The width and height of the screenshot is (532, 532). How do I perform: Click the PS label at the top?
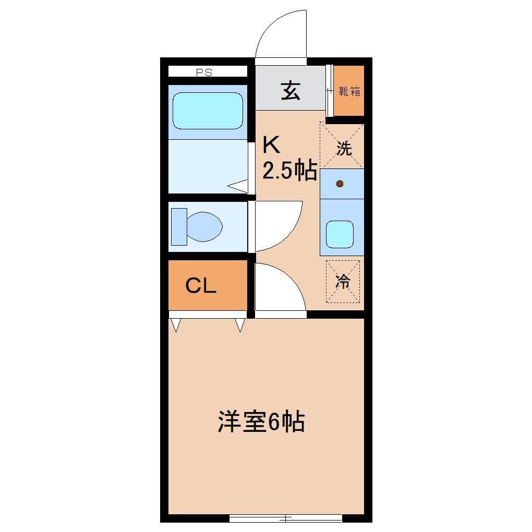pos(204,72)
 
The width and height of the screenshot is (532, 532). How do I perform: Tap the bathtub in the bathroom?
pos(208,111)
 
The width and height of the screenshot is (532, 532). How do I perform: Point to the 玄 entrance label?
pos(291,91)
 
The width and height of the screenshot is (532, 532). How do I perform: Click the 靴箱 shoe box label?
pos(349,91)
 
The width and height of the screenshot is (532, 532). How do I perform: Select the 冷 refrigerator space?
pos(343,282)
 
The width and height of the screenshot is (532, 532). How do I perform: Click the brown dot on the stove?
pos(340,184)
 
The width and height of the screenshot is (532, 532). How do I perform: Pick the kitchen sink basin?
pos(340,234)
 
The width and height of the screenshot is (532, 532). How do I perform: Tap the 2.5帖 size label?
pos(289,170)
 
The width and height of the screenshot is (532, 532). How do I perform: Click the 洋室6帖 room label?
pos(261,422)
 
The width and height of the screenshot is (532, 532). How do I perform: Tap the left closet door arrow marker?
pos(176,325)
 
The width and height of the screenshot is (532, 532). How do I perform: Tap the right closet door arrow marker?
pos(239,325)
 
